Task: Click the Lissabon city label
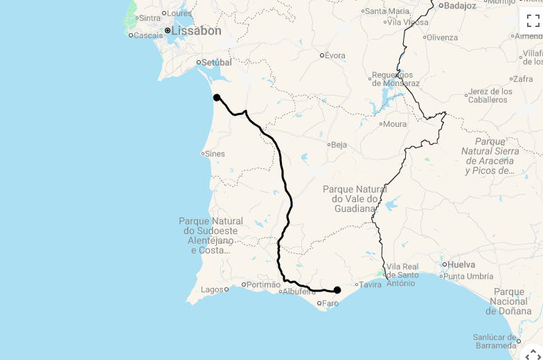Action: click(x=197, y=31)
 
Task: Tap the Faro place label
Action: click(x=330, y=303)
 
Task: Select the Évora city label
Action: click(x=335, y=55)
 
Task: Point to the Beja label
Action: click(x=339, y=145)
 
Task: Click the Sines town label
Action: click(x=215, y=154)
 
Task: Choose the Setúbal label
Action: click(x=216, y=62)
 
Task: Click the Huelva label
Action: click(x=461, y=264)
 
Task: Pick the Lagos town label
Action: click(x=212, y=289)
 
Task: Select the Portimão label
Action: click(x=264, y=285)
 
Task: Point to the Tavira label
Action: click(x=371, y=285)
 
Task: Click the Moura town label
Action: click(x=395, y=125)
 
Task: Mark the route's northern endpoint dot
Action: click(x=217, y=98)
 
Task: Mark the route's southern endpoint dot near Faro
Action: click(x=337, y=290)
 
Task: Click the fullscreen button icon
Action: click(x=533, y=21)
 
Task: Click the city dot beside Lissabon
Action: click(x=168, y=30)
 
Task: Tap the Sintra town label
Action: click(x=150, y=18)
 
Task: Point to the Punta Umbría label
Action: click(x=470, y=277)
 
